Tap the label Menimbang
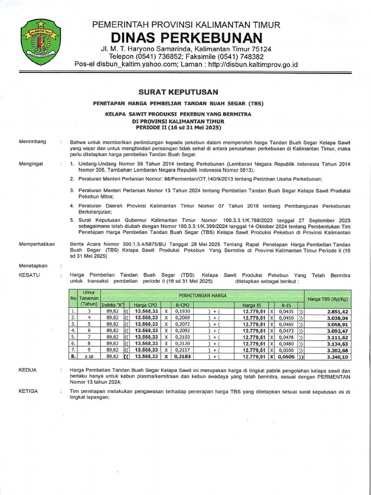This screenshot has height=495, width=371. coord(32,142)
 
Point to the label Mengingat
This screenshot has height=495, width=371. coord(31,164)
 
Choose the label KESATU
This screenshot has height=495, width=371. coord(29,275)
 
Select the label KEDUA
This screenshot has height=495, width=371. coord(28,369)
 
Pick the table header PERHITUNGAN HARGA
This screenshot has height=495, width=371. coord(202,294)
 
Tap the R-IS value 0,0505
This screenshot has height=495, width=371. coord(286,357)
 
